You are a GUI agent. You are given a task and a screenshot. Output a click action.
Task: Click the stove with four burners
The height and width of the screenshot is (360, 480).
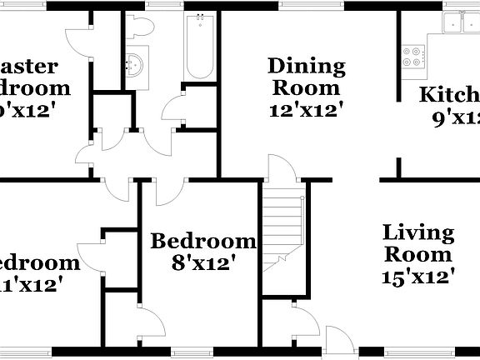coord(412,56)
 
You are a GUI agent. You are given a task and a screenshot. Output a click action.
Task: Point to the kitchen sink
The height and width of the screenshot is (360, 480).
coord(461,23)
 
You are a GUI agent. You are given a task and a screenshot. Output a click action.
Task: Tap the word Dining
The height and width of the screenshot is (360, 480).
coord(306,66)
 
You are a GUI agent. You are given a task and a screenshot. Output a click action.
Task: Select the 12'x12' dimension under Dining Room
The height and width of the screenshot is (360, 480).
coord(306,108)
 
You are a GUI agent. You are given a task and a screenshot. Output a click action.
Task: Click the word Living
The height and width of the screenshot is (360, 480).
coord(418,233)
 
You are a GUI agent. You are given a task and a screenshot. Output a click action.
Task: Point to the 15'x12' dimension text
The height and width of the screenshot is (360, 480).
coord(418,276)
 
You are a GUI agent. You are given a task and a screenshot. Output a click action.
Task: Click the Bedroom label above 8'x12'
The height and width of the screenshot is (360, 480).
coord(202,242)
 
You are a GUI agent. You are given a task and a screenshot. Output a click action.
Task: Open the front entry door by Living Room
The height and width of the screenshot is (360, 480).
coord(338,339)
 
